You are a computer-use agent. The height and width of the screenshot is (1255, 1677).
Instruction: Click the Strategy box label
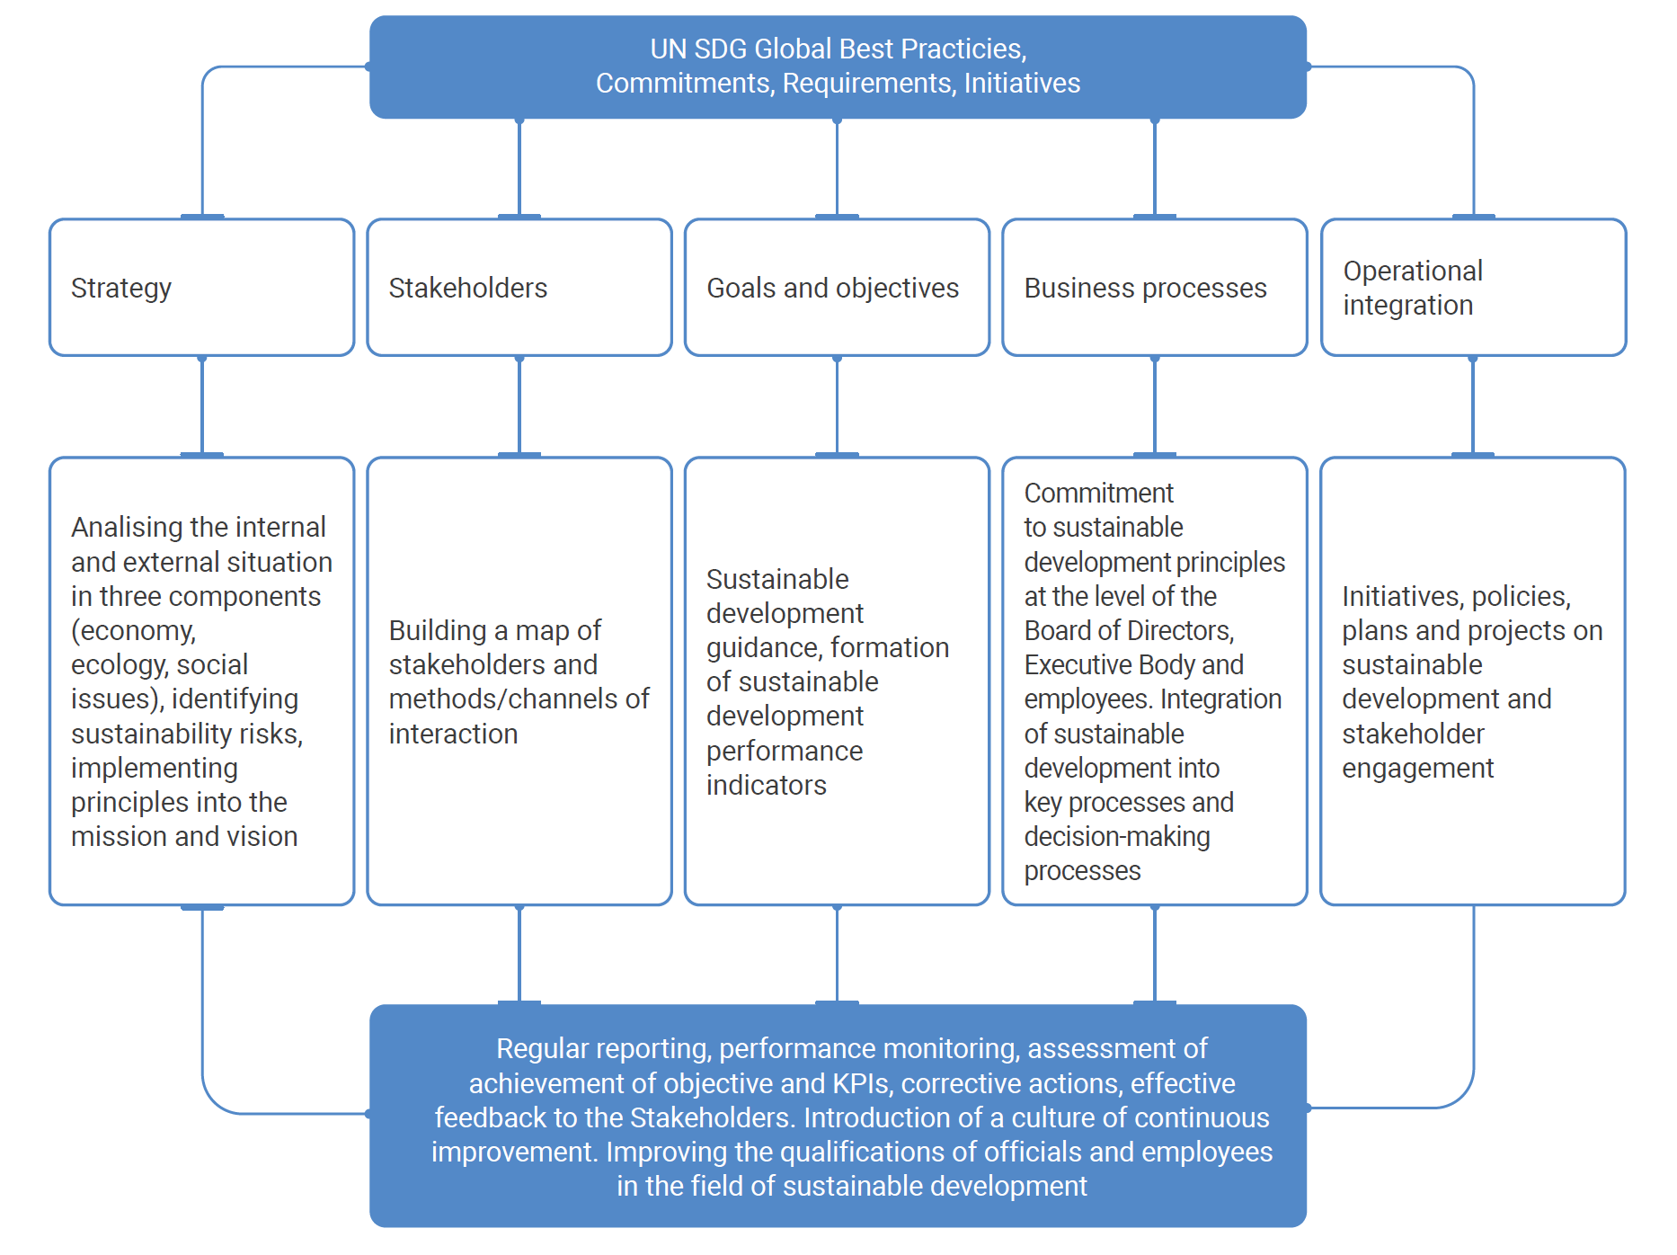[x=121, y=289]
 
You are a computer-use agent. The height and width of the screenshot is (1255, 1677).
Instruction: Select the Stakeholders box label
[x=467, y=289]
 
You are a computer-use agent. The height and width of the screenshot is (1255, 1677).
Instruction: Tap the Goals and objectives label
[x=832, y=289]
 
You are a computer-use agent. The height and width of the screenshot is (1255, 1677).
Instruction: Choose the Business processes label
[x=1145, y=289]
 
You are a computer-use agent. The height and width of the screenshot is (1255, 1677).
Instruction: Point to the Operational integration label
[x=1412, y=288]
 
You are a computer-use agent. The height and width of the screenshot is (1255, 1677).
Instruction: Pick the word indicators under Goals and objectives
[x=766, y=786]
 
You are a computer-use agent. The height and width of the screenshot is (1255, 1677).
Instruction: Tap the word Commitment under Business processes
[x=1098, y=494]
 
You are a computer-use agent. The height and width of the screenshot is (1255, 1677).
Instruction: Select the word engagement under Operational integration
[x=1417, y=769]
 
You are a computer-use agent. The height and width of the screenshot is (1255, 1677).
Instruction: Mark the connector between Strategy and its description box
[x=202, y=406]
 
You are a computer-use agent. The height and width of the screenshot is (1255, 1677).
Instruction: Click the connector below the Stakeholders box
[x=519, y=406]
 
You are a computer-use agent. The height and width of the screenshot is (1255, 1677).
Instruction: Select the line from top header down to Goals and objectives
[x=837, y=168]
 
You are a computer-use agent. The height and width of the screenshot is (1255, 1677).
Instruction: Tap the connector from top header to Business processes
[x=1155, y=168]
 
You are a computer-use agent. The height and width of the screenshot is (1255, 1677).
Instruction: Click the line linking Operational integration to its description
[x=1473, y=406]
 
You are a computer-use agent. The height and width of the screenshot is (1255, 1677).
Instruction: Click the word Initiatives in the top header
[x=1022, y=84]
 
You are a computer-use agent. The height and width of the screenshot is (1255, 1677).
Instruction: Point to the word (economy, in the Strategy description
[x=133, y=631]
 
